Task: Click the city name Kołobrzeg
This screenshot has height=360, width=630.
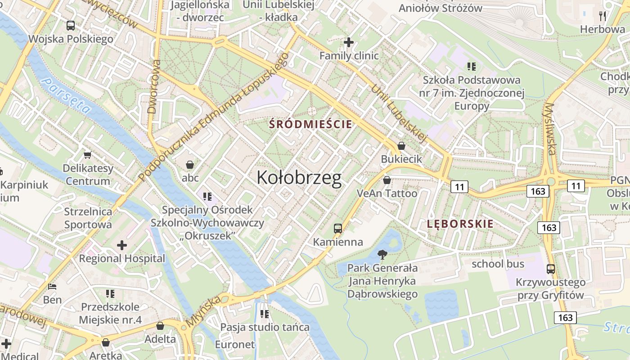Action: pyautogui.click(x=299, y=178)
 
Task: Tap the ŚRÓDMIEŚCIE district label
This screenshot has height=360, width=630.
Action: pyautogui.click(x=310, y=124)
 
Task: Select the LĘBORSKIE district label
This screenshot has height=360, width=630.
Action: pyautogui.click(x=460, y=224)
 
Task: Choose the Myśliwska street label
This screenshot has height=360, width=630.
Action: pyautogui.click(x=550, y=129)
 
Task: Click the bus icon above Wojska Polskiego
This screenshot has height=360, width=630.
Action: pyautogui.click(x=71, y=26)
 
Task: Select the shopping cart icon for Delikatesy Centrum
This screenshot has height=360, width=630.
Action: pyautogui.click(x=88, y=155)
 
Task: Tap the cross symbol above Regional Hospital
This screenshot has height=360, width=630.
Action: pyautogui.click(x=121, y=245)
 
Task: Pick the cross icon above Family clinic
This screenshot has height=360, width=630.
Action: pyautogui.click(x=349, y=42)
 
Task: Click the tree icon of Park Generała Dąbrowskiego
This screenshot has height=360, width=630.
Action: pyautogui.click(x=382, y=255)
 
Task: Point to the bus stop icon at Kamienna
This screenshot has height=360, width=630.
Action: pyautogui.click(x=338, y=229)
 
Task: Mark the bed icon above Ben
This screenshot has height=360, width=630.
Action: pyautogui.click(x=52, y=286)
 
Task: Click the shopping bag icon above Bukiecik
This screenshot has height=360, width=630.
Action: pyautogui.click(x=401, y=146)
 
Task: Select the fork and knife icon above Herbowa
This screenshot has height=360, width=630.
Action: pyautogui.click(x=603, y=16)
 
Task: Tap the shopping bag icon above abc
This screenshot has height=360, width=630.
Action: pyautogui.click(x=190, y=165)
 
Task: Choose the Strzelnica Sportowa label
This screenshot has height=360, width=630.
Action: pyautogui.click(x=88, y=218)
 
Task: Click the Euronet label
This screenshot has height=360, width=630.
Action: pyautogui.click(x=235, y=345)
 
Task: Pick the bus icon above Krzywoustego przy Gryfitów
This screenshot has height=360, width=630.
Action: pyautogui.click(x=550, y=269)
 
